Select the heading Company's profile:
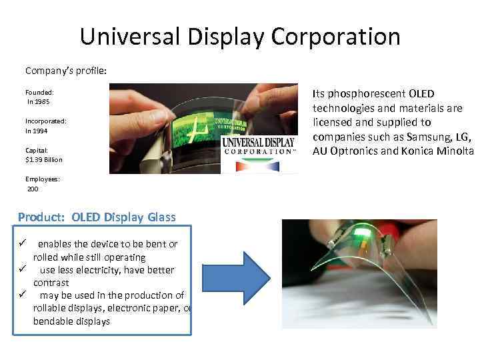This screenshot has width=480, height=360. [x=58, y=70]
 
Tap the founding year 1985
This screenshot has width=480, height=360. [x=38, y=101]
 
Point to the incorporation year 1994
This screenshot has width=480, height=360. [x=38, y=131]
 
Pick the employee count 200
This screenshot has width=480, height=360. [x=33, y=189]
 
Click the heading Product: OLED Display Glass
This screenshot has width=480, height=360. [x=97, y=217]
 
